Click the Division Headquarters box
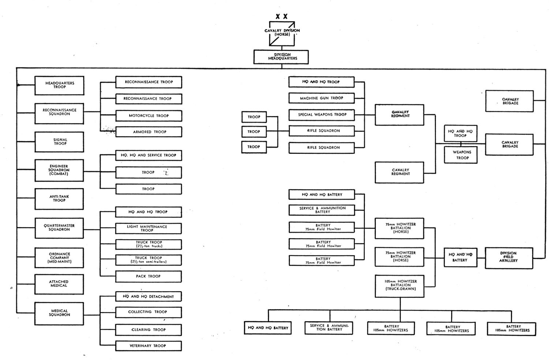281,57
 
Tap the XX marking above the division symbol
281,16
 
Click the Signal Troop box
59,142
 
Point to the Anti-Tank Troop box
59,199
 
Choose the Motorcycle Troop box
149,116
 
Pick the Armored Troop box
149,132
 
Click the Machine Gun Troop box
322,98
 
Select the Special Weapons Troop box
322,115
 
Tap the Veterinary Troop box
149,346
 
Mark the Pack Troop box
149,277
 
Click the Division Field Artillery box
509,258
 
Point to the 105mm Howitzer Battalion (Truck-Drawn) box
400,286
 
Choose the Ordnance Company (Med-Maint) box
59,258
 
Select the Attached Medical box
59,284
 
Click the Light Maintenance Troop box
149,228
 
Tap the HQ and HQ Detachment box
149,297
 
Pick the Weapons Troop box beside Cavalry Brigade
461,155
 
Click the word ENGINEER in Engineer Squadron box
59,166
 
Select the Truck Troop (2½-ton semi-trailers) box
149,260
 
